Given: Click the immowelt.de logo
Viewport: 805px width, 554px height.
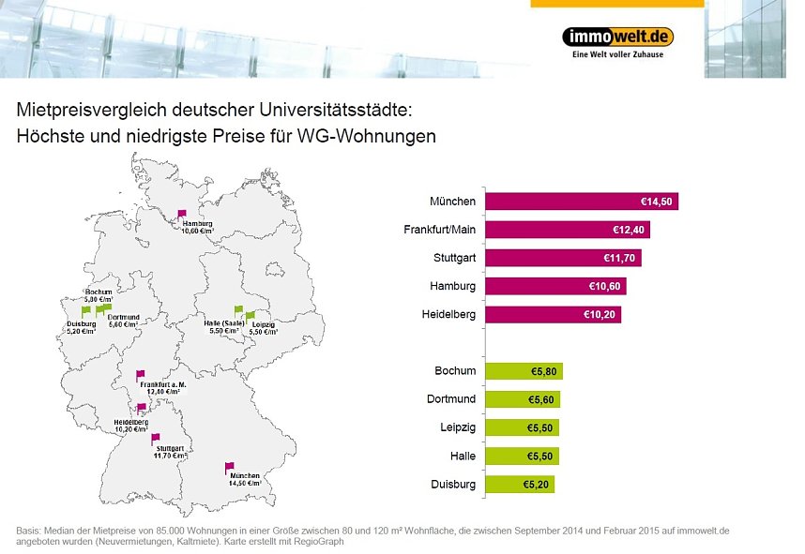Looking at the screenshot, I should (x=617, y=37).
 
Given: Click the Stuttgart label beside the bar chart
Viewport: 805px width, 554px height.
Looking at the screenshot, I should (x=452, y=258).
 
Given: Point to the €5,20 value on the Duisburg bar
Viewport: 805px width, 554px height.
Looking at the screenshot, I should (x=536, y=485).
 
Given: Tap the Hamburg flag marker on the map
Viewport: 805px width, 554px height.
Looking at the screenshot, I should (x=182, y=215).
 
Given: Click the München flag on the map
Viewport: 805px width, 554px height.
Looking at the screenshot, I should (x=229, y=467).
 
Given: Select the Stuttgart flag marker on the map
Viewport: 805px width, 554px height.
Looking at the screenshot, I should (x=156, y=438).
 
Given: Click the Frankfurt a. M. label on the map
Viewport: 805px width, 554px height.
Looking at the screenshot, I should (x=162, y=385).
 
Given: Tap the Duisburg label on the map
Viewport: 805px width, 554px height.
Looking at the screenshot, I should (x=81, y=324).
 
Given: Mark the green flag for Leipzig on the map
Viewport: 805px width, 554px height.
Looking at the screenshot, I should (x=250, y=317).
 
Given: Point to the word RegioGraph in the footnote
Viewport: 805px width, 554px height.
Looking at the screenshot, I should (x=320, y=541).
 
